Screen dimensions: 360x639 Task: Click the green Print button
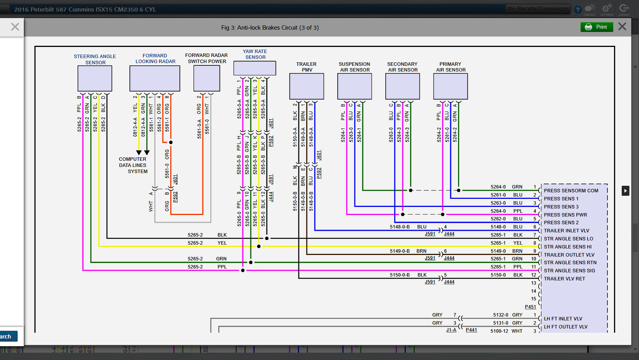(x=597, y=27)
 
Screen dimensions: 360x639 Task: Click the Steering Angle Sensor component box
(x=95, y=78)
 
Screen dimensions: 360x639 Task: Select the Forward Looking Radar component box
(x=155, y=78)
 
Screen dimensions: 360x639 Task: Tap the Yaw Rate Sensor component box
(x=255, y=68)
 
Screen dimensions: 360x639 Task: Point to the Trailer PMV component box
(x=306, y=86)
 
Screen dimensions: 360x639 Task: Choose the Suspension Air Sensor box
(x=354, y=86)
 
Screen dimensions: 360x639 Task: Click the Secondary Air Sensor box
(x=403, y=86)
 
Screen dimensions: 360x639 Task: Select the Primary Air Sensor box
(x=450, y=86)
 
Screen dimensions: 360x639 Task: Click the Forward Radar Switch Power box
(x=207, y=78)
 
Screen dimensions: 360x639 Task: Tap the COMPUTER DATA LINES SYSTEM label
(x=133, y=165)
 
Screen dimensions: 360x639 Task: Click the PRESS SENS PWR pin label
(x=565, y=215)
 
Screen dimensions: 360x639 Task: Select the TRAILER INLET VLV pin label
(x=566, y=231)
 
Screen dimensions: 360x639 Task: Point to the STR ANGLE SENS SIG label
(x=569, y=271)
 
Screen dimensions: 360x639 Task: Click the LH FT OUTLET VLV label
(x=565, y=327)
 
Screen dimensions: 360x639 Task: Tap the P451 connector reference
(x=530, y=307)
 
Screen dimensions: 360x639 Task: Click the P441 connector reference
(x=471, y=330)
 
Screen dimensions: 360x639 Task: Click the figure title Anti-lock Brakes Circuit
(x=270, y=28)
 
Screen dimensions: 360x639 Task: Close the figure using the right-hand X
(x=622, y=27)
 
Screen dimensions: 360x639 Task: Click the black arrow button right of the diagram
(x=625, y=191)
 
